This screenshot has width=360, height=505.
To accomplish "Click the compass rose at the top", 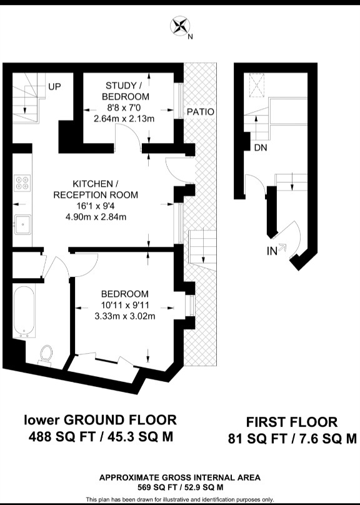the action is click(x=179, y=26).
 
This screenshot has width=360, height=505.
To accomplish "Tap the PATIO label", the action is click(x=200, y=112).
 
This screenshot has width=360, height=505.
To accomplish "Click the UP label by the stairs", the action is click(x=54, y=86).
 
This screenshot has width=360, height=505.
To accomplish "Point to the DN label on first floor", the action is click(x=261, y=148).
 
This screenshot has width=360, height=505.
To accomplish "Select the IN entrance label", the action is click(x=272, y=251).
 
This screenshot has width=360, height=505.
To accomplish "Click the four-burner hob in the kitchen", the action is click(x=22, y=183).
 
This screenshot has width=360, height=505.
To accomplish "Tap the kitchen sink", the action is click(x=22, y=224).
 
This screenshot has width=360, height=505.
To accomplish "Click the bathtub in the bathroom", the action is click(x=24, y=311).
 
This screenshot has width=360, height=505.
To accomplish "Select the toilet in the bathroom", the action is click(x=46, y=355).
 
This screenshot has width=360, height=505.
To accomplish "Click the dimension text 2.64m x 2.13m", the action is click(x=124, y=119).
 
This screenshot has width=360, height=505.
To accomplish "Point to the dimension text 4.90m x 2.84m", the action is click(x=96, y=217).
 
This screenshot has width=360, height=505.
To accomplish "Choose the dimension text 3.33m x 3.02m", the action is click(x=125, y=316).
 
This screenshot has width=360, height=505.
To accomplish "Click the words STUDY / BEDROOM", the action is click(x=125, y=91).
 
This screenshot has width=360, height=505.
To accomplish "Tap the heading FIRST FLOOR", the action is click(x=292, y=422).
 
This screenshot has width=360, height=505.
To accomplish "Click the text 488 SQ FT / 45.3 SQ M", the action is click(x=101, y=437).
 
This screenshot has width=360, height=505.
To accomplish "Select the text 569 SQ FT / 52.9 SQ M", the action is click(x=181, y=487).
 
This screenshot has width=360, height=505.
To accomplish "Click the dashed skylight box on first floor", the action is click(x=257, y=85).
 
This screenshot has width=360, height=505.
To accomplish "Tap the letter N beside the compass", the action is click(x=190, y=37).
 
